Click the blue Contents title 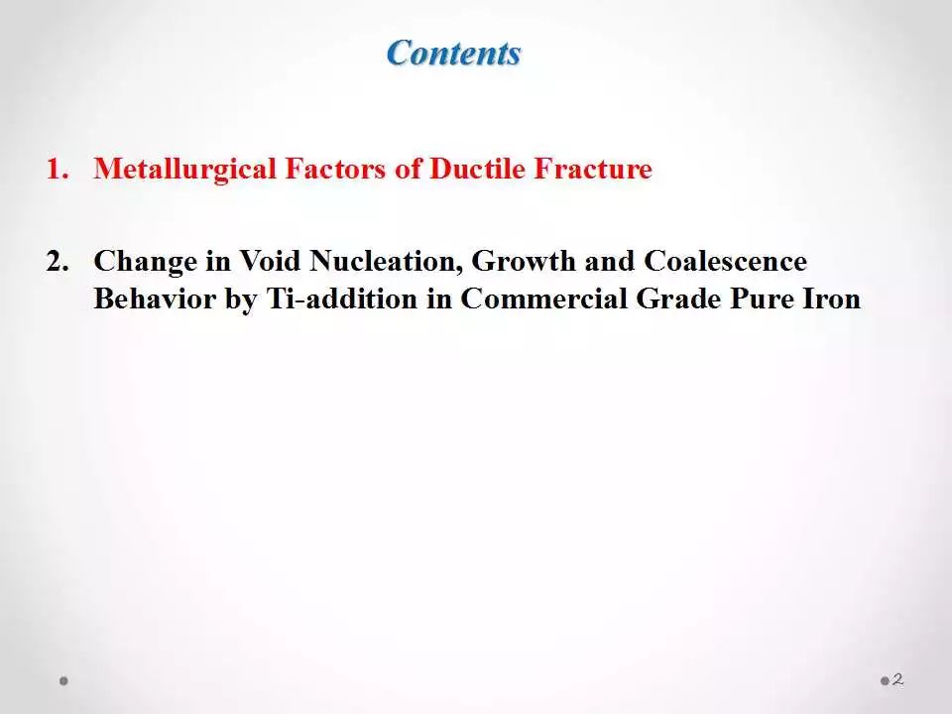click(x=453, y=53)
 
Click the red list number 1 click(x=58, y=169)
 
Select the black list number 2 click(x=58, y=261)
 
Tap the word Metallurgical click(x=184, y=170)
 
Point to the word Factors click(x=335, y=169)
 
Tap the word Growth click(x=523, y=261)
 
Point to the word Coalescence click(x=725, y=261)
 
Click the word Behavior click(x=155, y=298)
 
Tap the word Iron click(x=832, y=298)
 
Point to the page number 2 click(x=898, y=679)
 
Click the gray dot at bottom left click(x=63, y=680)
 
